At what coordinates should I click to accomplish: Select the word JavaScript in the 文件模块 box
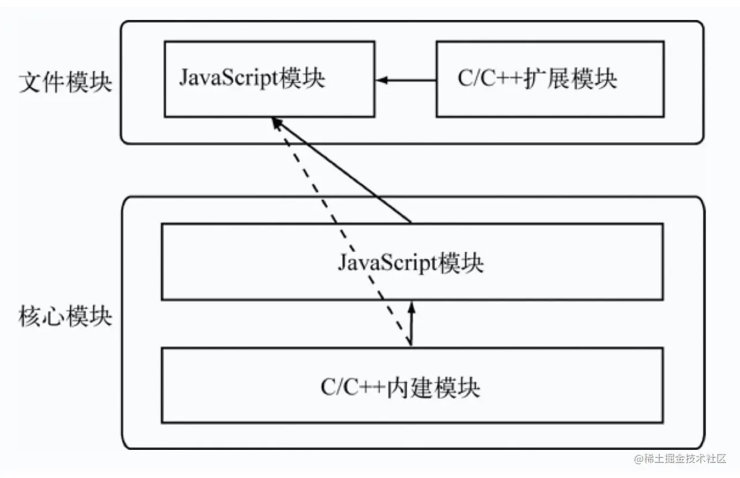[x=228, y=78]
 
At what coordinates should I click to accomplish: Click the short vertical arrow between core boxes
[x=411, y=325]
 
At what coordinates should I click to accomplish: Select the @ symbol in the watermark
[x=639, y=459]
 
